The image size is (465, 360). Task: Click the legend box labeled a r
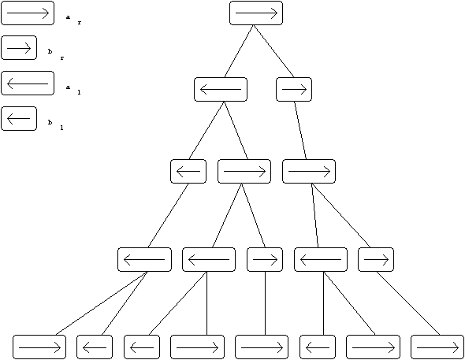coord(28,13)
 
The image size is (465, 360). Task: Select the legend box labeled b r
coord(19,48)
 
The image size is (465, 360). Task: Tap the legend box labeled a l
coord(28,84)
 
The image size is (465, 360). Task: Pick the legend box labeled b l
coord(19,118)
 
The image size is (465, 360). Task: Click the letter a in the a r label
coord(69,17)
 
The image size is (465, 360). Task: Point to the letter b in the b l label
coord(50,122)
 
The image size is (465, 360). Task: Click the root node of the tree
coord(256,13)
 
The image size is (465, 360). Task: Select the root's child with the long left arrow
coord(221,90)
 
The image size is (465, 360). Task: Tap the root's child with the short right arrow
coord(294,90)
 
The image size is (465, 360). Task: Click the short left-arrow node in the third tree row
coord(188,171)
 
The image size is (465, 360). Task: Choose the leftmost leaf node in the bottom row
coord(39,347)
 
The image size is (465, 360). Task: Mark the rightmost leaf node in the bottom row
coord(437,347)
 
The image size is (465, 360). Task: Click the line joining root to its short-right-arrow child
coord(273,51)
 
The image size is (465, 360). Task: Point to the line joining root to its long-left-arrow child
coord(239,51)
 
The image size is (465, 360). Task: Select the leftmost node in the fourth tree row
coord(144,259)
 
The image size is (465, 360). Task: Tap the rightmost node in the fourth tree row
coord(376,259)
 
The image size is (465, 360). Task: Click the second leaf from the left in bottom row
coord(95,347)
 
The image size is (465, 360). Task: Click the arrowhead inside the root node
coord(274,13)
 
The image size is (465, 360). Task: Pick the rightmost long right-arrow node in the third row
coord(309,171)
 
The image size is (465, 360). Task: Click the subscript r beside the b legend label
coord(62,58)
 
